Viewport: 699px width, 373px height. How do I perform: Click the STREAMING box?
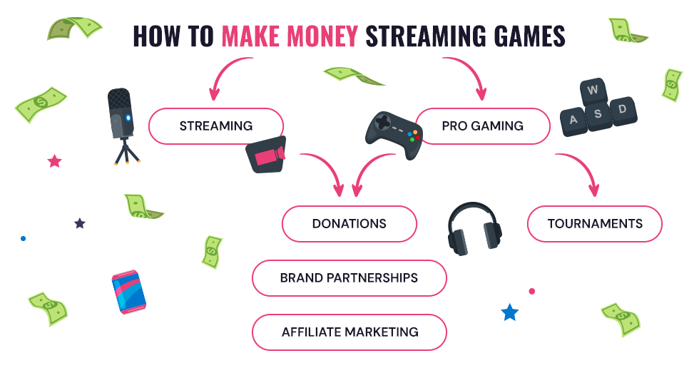tap(215, 126)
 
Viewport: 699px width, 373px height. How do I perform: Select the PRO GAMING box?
tap(482, 126)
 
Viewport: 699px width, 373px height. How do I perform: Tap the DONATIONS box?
tap(349, 224)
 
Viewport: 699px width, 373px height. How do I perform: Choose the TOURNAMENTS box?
tap(595, 224)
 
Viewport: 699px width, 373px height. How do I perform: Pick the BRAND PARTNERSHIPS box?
tap(349, 278)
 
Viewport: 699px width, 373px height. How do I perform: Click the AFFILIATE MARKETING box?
tap(349, 332)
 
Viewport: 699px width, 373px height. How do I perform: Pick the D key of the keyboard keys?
tap(622, 110)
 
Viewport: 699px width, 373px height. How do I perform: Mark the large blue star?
tap(509, 312)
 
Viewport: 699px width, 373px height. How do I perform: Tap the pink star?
tap(54, 161)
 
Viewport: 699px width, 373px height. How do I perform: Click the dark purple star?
tap(80, 223)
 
